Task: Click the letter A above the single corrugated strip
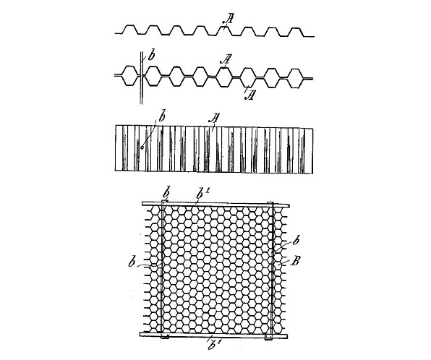point(229,19)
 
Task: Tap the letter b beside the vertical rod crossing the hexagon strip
point(151,56)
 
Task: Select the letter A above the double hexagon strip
point(226,59)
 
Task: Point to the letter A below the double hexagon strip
point(249,95)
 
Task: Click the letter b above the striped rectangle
point(162,117)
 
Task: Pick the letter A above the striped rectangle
point(215,119)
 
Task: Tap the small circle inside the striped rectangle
point(142,147)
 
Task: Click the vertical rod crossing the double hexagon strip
point(141,78)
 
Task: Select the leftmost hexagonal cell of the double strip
point(129,76)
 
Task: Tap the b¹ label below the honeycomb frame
point(213,345)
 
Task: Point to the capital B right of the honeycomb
point(295,261)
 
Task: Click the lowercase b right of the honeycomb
point(296,241)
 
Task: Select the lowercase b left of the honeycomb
point(132,263)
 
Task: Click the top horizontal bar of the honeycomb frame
point(215,204)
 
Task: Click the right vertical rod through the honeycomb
point(272,270)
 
